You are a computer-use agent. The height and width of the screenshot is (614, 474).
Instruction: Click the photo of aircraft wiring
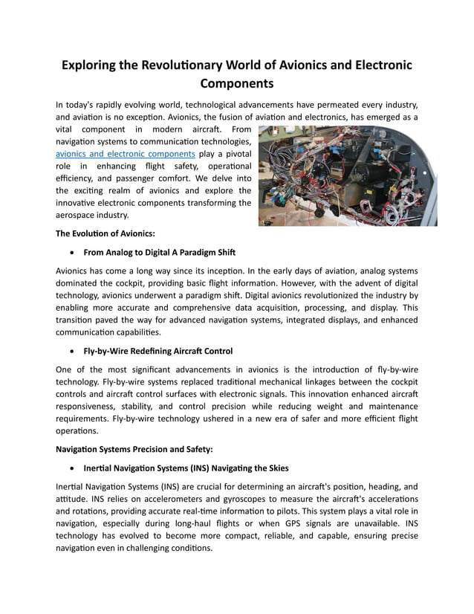(348, 175)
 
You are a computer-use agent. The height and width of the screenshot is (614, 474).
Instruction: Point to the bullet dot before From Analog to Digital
(71, 252)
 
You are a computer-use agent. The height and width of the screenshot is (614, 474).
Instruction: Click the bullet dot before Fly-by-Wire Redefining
(71, 351)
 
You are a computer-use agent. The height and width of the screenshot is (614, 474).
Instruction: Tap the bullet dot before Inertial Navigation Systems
(71, 468)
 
